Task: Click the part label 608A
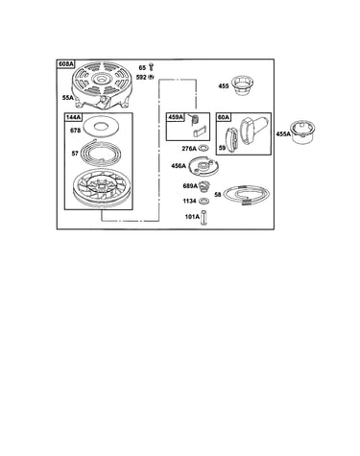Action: point(65,64)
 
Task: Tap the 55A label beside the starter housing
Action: point(68,98)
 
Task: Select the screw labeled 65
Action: point(152,67)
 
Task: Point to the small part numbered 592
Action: point(151,77)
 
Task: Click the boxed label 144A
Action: point(73,117)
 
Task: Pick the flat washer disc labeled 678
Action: point(100,127)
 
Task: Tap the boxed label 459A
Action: point(175,117)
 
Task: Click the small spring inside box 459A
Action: point(195,120)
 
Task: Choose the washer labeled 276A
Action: point(204,148)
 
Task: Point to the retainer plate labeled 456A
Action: point(204,167)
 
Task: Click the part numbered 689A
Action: point(204,186)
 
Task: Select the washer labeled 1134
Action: point(204,201)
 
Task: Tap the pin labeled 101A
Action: point(204,217)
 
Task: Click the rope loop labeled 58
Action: point(246,195)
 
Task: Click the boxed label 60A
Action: point(224,117)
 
